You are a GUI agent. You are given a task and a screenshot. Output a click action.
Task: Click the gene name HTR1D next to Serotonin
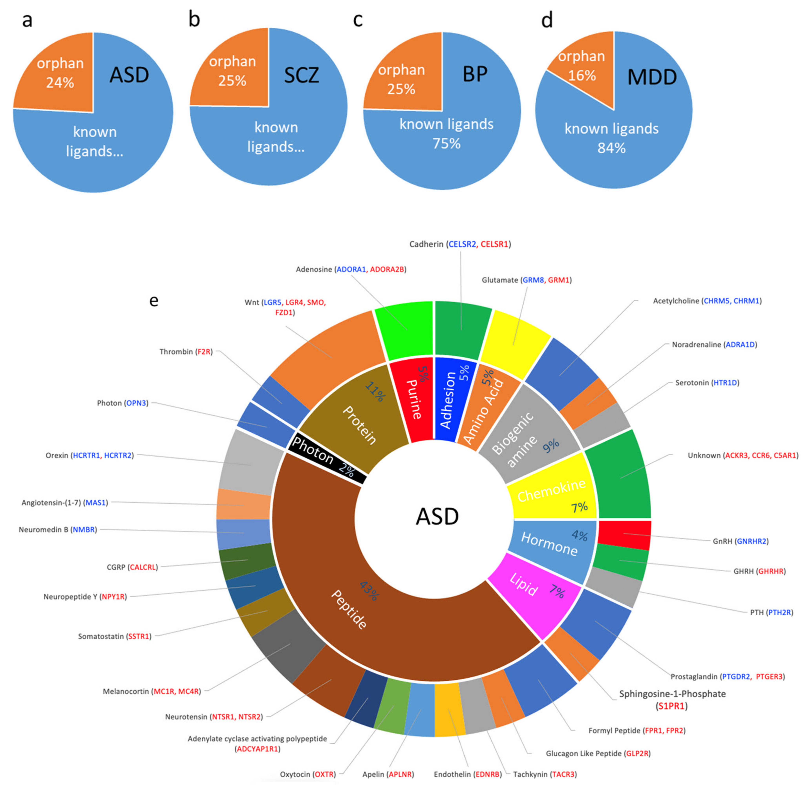pos(726,383)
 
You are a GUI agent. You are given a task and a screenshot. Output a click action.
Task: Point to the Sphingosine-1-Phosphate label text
pos(672,694)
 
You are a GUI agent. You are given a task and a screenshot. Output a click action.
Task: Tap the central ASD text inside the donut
pos(437,516)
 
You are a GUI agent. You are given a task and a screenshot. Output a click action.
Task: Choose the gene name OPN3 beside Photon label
pos(137,403)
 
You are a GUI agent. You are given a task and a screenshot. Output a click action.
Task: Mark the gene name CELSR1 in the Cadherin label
pos(494,244)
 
